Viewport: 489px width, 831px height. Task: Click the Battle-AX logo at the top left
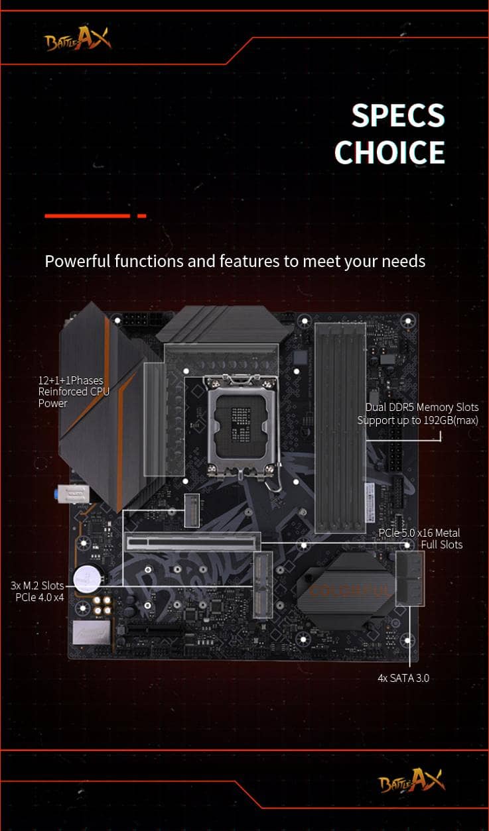pyautogui.click(x=78, y=38)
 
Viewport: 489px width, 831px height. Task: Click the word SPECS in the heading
pyautogui.click(x=398, y=115)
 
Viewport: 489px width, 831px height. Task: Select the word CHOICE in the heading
pyautogui.click(x=389, y=152)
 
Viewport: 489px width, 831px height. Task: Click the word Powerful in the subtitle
pyautogui.click(x=78, y=261)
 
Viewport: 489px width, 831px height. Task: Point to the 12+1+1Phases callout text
pyautogui.click(x=71, y=380)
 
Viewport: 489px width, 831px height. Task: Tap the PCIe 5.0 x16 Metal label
pyautogui.click(x=419, y=533)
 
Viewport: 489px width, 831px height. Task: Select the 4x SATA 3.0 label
pyautogui.click(x=403, y=678)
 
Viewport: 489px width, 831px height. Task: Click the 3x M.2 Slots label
pyautogui.click(x=37, y=585)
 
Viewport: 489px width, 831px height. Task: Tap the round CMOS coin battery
pyautogui.click(x=88, y=579)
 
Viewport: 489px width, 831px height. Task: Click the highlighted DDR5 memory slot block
pyautogui.click(x=340, y=427)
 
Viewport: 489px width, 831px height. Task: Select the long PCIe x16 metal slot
pyautogui.click(x=192, y=542)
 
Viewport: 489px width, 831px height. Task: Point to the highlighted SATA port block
pyautogui.click(x=410, y=579)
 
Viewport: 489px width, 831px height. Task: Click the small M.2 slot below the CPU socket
pyautogui.click(x=192, y=510)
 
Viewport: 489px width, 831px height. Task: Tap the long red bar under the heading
pyautogui.click(x=88, y=215)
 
